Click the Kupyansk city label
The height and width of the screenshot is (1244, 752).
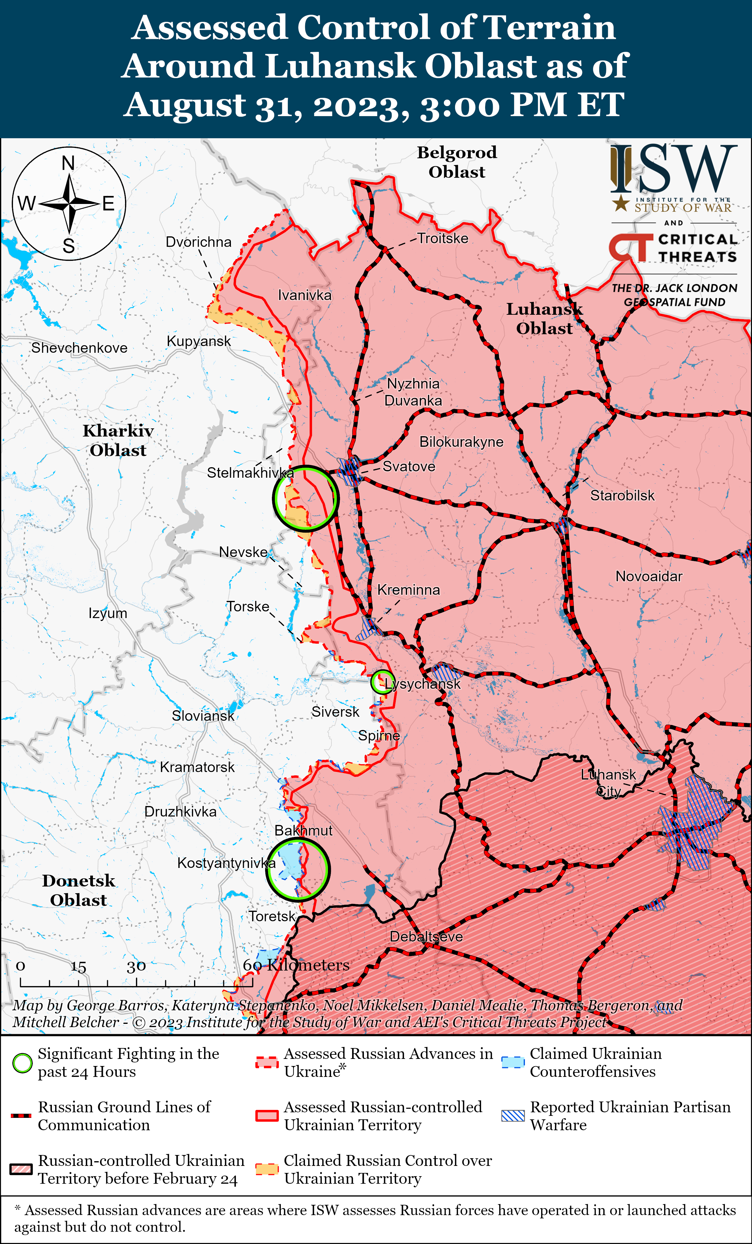tap(198, 341)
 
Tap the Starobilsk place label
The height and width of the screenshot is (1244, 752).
tap(622, 496)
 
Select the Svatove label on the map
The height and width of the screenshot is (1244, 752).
tap(408, 467)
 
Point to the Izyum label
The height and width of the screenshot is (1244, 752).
tap(108, 613)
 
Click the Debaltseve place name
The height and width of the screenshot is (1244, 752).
tap(426, 937)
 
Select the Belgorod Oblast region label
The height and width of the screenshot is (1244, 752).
tap(457, 162)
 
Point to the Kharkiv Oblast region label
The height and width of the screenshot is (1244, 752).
tap(118, 440)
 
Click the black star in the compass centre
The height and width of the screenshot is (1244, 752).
tap(69, 204)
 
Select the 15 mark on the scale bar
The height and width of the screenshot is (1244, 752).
tap(78, 967)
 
